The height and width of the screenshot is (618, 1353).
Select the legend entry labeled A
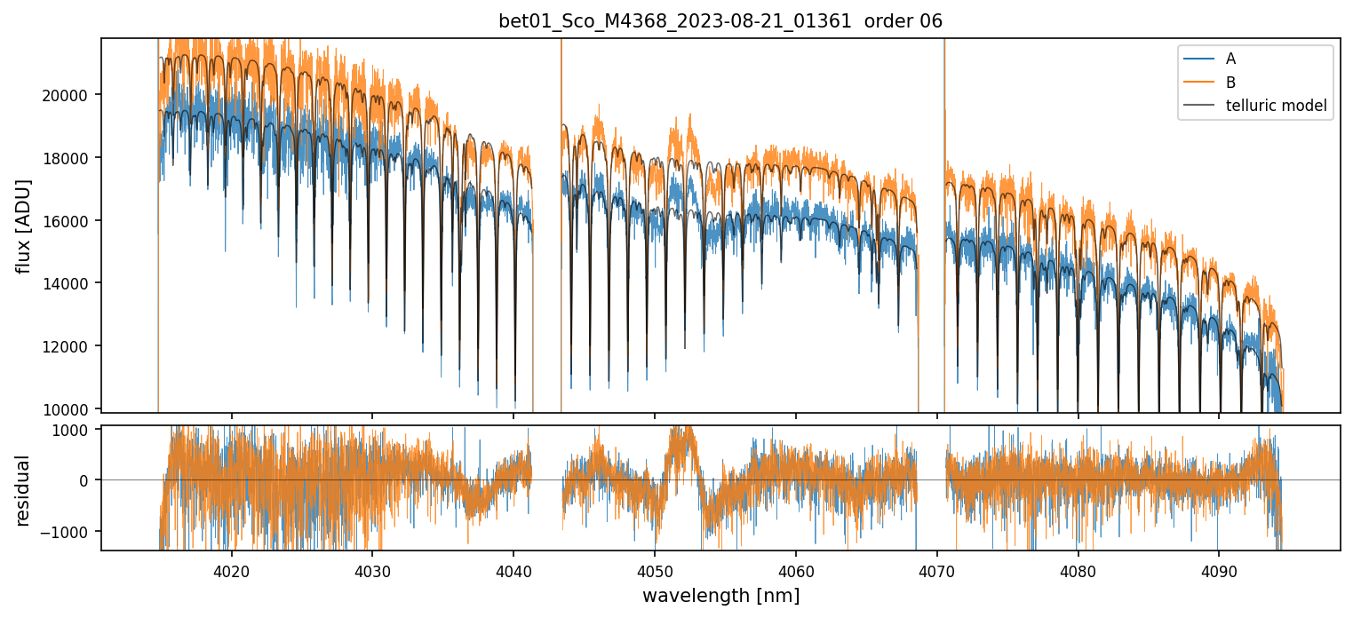click(x=1230, y=59)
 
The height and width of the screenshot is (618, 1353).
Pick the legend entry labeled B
click(x=1230, y=83)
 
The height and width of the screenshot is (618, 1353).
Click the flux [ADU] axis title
click(x=24, y=226)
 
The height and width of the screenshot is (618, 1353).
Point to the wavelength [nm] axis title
click(x=720, y=595)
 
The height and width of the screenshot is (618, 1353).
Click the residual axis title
click(x=24, y=489)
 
